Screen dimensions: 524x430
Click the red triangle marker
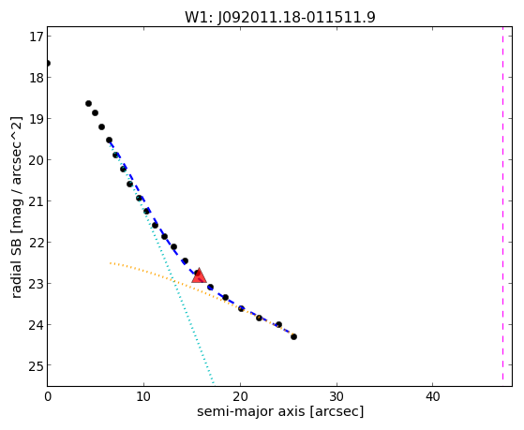(199, 275)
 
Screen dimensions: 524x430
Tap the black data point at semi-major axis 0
(48, 63)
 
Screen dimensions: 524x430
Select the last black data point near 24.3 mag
(293, 336)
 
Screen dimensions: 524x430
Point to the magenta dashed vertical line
(502, 203)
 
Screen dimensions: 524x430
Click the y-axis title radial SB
(16, 207)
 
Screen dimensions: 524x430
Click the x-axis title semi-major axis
(280, 411)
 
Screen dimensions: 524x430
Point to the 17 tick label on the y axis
(36, 37)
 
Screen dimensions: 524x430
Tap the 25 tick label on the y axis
(36, 366)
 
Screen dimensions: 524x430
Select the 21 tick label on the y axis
(36, 201)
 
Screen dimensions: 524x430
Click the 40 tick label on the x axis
(432, 396)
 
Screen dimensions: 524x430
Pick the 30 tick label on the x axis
(337, 396)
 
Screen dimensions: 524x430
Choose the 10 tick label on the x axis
(143, 396)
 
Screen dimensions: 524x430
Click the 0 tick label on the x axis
(48, 396)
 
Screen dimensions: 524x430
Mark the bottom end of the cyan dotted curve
(213, 383)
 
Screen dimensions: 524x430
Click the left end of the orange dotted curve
(110, 263)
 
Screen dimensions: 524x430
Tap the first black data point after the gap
(88, 104)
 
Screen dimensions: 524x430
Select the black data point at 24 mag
(278, 324)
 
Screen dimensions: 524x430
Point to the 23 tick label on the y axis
(36, 284)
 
